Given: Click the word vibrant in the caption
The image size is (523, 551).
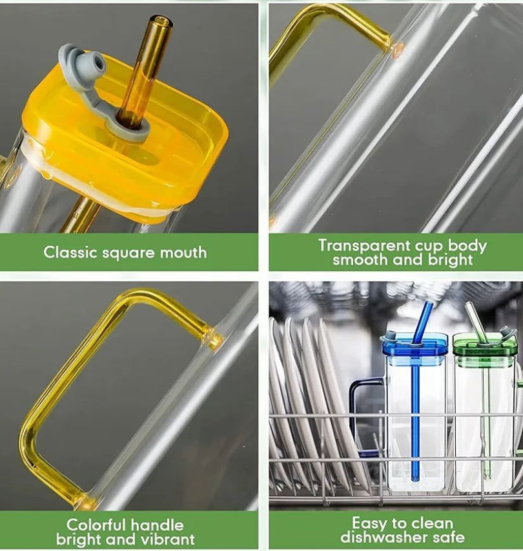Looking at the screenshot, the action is (167, 539).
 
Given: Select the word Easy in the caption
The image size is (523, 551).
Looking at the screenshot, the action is (368, 523).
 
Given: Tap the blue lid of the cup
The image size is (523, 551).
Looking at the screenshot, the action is (415, 346).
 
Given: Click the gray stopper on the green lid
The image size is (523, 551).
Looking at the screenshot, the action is (507, 332).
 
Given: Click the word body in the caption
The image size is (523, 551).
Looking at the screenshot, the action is (467, 246).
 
